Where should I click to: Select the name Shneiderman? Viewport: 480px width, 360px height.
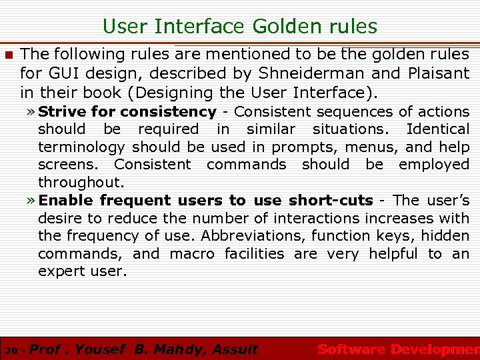pyautogui.click(x=297, y=73)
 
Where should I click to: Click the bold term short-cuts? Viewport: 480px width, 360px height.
pyautogui.click(x=331, y=200)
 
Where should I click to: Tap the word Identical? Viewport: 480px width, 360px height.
pyautogui.click(x=438, y=129)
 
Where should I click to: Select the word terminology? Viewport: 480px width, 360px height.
pyautogui.click(x=81, y=147)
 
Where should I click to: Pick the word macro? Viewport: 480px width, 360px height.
pyautogui.click(x=192, y=253)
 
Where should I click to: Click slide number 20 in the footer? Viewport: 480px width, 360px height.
pyautogui.click(x=10, y=350)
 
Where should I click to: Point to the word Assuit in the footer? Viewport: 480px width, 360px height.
pyautogui.click(x=234, y=349)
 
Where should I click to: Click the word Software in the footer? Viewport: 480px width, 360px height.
pyautogui.click(x=351, y=349)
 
